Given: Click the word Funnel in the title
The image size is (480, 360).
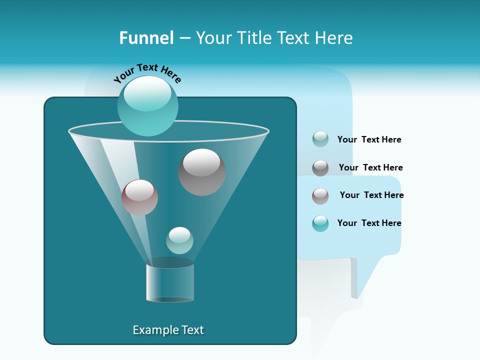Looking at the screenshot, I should coord(146,38).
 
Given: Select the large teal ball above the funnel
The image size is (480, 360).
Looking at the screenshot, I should coord(148,105).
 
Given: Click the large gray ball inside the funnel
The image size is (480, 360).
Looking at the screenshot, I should coord(201,171).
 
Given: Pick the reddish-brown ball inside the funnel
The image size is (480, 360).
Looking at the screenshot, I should coord(139,197).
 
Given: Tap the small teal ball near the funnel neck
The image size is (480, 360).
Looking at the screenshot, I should coord(179,240).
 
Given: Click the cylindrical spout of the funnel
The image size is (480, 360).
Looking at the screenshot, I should coord(170,282).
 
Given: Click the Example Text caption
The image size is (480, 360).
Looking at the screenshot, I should coord(168,330).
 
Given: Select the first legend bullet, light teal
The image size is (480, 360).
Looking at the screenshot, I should coord(320,139).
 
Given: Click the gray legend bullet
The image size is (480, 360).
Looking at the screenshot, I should coord(320,168).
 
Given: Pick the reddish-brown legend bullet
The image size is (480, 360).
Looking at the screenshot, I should coord(320,196).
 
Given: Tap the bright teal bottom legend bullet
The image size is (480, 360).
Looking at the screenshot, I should coord(320,223).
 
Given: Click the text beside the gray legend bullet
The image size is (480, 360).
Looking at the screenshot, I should coord(370,167).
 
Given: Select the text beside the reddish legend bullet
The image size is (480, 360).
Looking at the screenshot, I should coord(371,195).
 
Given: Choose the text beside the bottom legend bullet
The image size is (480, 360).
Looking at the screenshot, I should coord(369,223).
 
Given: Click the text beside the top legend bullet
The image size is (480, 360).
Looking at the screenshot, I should coord(369,139).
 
